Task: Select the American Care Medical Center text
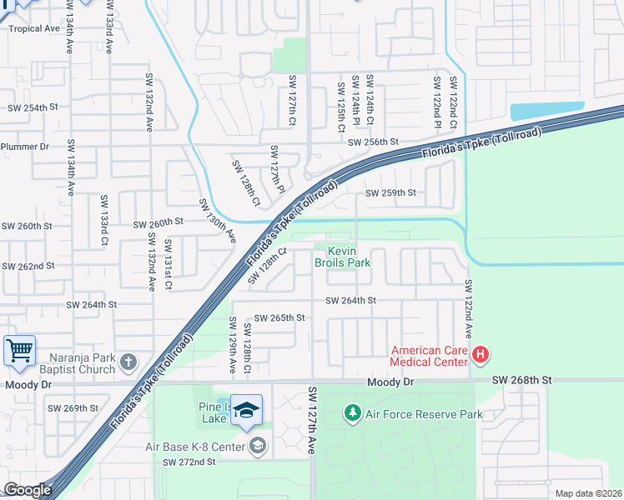pyautogui.click(x=430, y=356)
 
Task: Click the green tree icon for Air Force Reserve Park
pyautogui.click(x=353, y=413)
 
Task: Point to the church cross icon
pyautogui.click(x=128, y=362)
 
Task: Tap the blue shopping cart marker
pyautogui.click(x=18, y=350)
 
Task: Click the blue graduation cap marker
pyautogui.click(x=246, y=409)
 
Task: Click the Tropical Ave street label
pyautogui.click(x=34, y=28)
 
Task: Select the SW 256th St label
pyautogui.click(x=374, y=142)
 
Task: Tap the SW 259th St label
pyautogui.click(x=390, y=193)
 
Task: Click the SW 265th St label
pyautogui.click(x=279, y=318)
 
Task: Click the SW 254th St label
pyautogui.click(x=33, y=108)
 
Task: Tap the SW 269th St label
pyautogui.click(x=73, y=408)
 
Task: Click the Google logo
pyautogui.click(x=27, y=490)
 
